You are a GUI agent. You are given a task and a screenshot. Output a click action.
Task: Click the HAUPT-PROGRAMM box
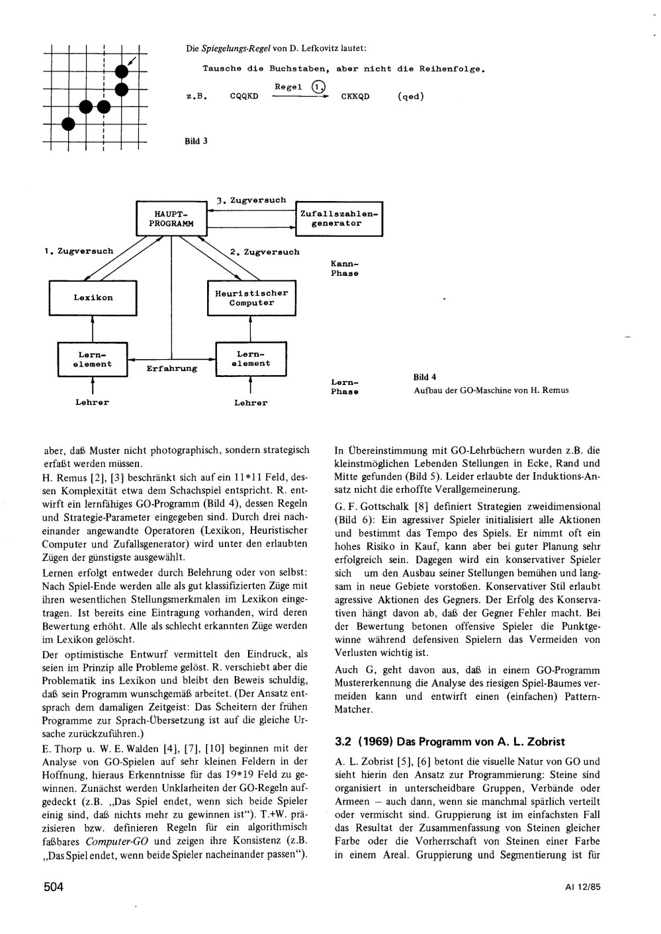point(171,219)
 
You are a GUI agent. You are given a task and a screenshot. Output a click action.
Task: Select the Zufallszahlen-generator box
point(338,219)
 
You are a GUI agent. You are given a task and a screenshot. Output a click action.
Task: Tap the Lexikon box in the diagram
point(93,298)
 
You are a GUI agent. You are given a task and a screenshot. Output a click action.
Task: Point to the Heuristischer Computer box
point(251,298)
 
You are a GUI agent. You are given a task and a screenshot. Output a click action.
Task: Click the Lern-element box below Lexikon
point(93,359)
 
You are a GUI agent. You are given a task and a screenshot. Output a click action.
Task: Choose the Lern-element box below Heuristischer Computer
point(251,359)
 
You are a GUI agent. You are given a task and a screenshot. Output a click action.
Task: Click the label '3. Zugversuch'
point(252,200)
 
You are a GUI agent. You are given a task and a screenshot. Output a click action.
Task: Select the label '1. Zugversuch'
point(79,251)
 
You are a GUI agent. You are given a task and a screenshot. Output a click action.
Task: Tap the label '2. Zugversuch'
point(265,252)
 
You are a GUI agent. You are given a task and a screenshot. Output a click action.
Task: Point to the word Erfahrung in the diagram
point(172,368)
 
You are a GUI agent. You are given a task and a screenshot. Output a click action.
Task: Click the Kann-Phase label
point(345,269)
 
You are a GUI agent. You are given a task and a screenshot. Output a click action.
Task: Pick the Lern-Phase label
point(345,387)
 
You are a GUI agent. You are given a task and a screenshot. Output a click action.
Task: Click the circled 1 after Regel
point(318,87)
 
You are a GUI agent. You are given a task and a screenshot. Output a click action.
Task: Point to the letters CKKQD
point(355,97)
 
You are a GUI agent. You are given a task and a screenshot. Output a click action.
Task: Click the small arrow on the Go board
point(132,62)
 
